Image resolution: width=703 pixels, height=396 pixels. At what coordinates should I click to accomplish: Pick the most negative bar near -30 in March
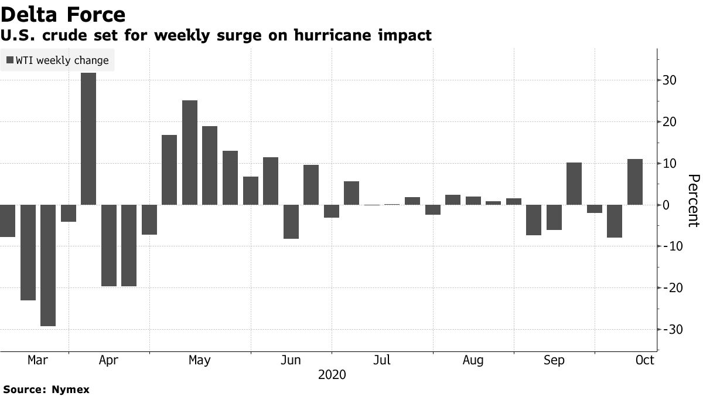coord(48,265)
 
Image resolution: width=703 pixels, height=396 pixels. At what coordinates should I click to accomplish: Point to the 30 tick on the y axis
coord(670,80)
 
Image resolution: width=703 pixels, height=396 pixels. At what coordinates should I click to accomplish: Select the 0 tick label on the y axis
coord(666,205)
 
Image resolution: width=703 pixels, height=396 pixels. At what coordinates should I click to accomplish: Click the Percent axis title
coord(694,200)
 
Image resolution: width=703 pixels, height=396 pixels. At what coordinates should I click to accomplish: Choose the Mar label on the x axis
coord(37,360)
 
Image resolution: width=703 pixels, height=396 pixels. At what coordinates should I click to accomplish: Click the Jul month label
coord(382,360)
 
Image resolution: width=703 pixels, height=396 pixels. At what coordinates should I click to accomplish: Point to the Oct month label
coord(644,360)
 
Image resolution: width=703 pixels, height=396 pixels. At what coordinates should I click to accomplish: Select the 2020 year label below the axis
coord(332,374)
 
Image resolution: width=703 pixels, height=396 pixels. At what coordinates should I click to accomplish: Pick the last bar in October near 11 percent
coord(635,182)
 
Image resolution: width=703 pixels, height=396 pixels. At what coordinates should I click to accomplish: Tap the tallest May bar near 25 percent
coord(190,153)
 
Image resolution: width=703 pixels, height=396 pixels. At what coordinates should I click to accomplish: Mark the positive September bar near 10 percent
coord(574,184)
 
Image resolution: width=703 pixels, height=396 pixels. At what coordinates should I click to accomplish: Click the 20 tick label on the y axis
coord(670,122)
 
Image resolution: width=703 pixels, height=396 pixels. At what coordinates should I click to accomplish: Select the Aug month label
coord(473,360)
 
